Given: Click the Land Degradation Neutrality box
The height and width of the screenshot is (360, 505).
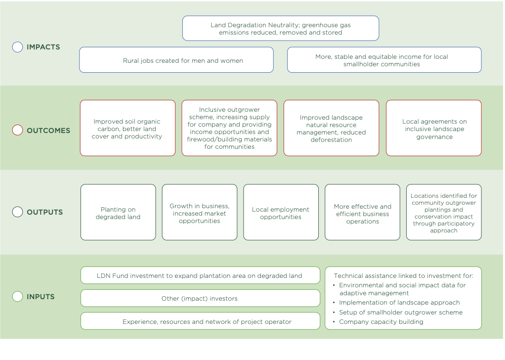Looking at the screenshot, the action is click(x=281, y=28).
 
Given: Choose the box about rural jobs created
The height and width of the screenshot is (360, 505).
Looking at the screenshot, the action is click(x=176, y=60).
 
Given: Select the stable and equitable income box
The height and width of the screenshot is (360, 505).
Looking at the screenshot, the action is click(x=384, y=60).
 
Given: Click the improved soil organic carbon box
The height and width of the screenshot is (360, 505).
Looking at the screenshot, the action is click(x=127, y=128).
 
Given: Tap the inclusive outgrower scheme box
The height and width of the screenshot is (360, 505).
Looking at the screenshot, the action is click(x=229, y=128).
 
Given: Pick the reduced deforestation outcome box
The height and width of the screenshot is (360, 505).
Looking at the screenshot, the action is click(x=332, y=128).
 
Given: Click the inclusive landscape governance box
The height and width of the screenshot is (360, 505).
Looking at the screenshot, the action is click(x=434, y=128).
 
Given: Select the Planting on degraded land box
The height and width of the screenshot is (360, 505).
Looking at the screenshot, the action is click(x=118, y=212).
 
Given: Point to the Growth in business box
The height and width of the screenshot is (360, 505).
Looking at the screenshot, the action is click(x=200, y=212).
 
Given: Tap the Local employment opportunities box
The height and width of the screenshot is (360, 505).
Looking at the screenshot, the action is click(x=281, y=212).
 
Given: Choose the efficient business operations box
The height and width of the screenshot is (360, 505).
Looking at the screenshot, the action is click(x=362, y=212).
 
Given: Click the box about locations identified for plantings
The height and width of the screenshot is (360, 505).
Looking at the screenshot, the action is click(x=444, y=212).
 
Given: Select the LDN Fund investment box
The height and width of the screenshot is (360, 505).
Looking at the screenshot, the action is click(x=200, y=275).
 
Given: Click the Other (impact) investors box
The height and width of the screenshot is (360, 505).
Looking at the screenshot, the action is click(x=200, y=298).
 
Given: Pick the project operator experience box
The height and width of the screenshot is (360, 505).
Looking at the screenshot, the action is click(x=200, y=321).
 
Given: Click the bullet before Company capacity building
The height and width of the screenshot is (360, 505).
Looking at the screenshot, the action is click(x=334, y=321).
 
